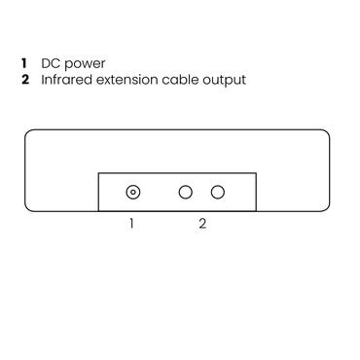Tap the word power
(x=86, y=64)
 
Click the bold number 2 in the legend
(x=24, y=79)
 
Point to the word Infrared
(x=67, y=79)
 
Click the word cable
(x=188, y=79)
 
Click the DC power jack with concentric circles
(x=133, y=192)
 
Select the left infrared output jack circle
(x=186, y=192)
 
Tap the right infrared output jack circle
(x=217, y=192)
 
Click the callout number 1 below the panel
(x=132, y=224)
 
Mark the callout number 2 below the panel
(x=202, y=224)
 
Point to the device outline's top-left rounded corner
(x=29, y=133)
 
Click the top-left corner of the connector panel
(x=97, y=173)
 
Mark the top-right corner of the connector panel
(x=256, y=173)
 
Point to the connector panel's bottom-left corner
(x=97, y=211)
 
